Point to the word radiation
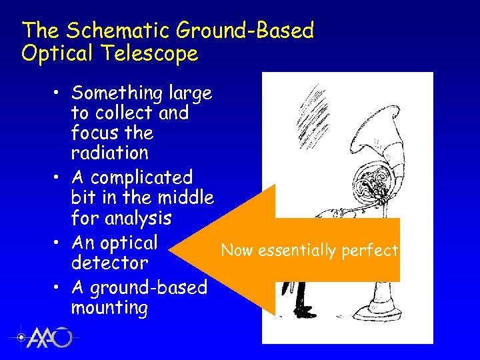pos(110,153)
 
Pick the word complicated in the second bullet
pos(141,178)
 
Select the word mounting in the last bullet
pos(109,308)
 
